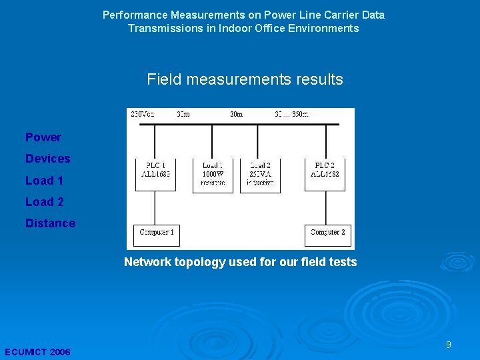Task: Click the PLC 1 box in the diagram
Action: coord(155,174)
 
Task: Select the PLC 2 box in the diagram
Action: coord(326,174)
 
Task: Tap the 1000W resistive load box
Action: coord(213,175)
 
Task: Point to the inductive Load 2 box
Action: coord(260,175)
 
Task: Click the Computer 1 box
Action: coord(157,233)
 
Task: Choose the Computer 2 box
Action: coord(327,233)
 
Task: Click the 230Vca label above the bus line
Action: coord(143,114)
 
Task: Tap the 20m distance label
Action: coord(237,114)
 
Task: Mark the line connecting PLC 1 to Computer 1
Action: coord(155,207)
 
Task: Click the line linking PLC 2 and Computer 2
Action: coord(326,207)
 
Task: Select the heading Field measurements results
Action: coord(245,80)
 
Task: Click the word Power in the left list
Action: coord(43,137)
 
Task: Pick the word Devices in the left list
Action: coord(47,159)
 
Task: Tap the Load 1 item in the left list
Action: coord(44,180)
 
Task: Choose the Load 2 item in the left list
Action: coord(44,201)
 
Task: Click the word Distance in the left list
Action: coord(50,223)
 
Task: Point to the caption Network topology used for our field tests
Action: coord(240,262)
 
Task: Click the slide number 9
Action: coord(449,345)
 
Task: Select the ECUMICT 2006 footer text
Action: coord(37,351)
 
